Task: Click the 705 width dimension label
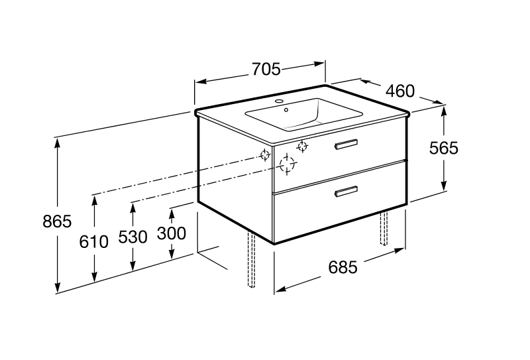266,70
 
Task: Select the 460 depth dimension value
400,91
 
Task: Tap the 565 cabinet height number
443,149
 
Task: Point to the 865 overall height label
57,221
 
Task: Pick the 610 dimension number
93,242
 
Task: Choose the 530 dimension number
133,237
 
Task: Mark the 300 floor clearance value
172,234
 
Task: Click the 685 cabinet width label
343,268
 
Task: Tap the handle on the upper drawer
346,143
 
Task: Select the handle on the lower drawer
346,191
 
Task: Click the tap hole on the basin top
279,101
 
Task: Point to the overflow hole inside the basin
286,109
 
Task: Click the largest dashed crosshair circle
287,164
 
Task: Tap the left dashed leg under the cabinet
251,259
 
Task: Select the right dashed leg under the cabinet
384,227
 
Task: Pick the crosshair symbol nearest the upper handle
302,146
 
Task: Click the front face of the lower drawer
339,202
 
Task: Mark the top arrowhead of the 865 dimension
58,143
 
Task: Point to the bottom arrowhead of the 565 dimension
444,185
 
